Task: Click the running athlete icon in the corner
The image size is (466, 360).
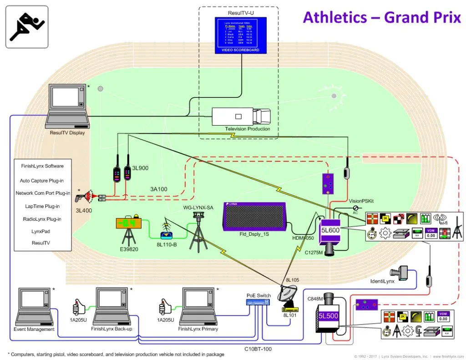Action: (x=27, y=27)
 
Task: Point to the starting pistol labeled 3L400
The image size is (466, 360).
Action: (x=84, y=196)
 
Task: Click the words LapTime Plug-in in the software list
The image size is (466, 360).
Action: (x=42, y=206)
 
